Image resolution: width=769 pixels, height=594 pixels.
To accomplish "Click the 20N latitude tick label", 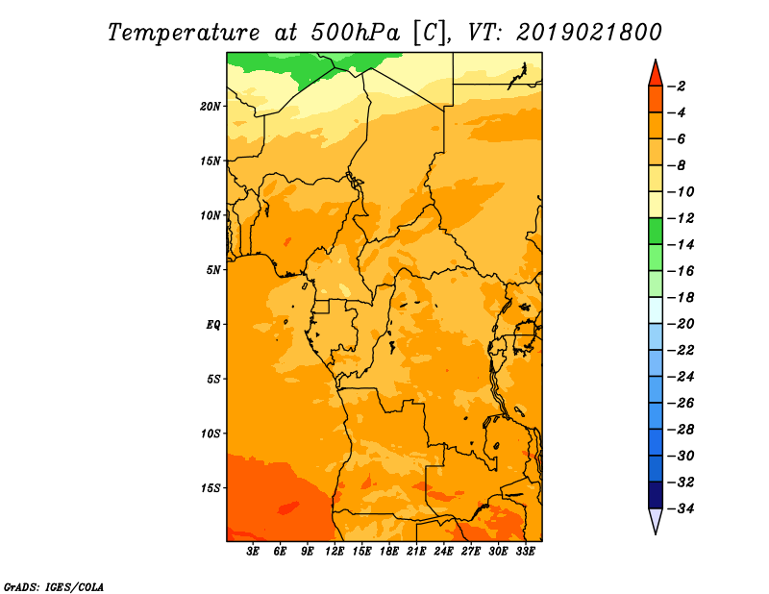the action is pyautogui.click(x=211, y=107).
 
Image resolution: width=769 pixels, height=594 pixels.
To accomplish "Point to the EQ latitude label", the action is pyautogui.click(x=212, y=325).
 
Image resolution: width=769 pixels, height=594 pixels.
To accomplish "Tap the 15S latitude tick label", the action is pyautogui.click(x=211, y=488).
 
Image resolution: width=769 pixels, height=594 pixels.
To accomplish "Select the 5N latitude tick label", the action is pyautogui.click(x=213, y=270).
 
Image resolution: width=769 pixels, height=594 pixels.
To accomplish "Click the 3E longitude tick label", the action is pyautogui.click(x=253, y=552).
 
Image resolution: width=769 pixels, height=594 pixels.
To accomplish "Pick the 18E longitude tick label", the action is pyautogui.click(x=389, y=552).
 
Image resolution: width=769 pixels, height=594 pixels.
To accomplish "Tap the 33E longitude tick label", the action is pyautogui.click(x=525, y=552).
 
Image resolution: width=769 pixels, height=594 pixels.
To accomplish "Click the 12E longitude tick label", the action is pyautogui.click(x=335, y=552).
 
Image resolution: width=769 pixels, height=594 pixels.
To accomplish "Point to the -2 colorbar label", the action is pyautogui.click(x=677, y=87).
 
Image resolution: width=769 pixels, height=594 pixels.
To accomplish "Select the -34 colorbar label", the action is pyautogui.click(x=681, y=508).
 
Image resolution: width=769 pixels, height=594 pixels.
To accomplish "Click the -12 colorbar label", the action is pyautogui.click(x=681, y=218).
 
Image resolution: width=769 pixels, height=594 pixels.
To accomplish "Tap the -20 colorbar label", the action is pyautogui.click(x=681, y=324).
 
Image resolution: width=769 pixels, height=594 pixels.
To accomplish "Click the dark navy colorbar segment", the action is pyautogui.click(x=656, y=495).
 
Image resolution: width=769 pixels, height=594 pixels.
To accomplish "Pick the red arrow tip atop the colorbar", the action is pyautogui.click(x=656, y=60).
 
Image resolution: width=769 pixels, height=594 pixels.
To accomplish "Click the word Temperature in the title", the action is pyautogui.click(x=184, y=33).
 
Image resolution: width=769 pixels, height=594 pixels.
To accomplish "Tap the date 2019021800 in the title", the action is pyautogui.click(x=589, y=33).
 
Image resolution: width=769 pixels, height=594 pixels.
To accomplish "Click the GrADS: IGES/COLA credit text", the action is pyautogui.click(x=54, y=586).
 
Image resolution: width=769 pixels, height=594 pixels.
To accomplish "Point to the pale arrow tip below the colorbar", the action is pyautogui.click(x=656, y=533).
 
